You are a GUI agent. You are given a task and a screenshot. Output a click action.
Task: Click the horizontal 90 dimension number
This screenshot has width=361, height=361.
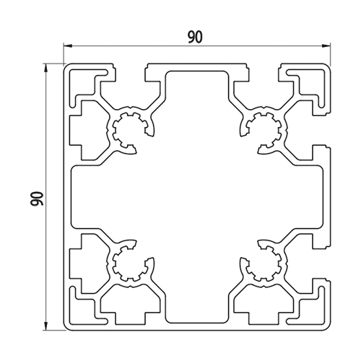[195, 38]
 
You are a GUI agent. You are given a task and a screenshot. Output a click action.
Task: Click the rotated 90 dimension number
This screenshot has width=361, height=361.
[37, 199]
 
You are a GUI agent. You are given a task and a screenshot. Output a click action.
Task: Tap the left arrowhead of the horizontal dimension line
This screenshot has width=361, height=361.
[67, 45]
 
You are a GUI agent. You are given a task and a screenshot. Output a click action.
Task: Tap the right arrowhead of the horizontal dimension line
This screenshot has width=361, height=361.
[326, 45]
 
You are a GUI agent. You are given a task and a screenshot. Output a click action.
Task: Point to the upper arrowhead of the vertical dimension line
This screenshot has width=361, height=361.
[45, 68]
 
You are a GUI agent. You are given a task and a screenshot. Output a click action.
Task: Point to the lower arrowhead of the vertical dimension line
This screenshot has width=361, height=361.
[45, 326]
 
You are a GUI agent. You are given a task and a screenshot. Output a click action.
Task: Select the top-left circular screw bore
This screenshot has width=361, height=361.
[130, 130]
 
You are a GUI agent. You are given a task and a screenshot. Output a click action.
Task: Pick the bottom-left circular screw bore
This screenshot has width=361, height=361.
[130, 264]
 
